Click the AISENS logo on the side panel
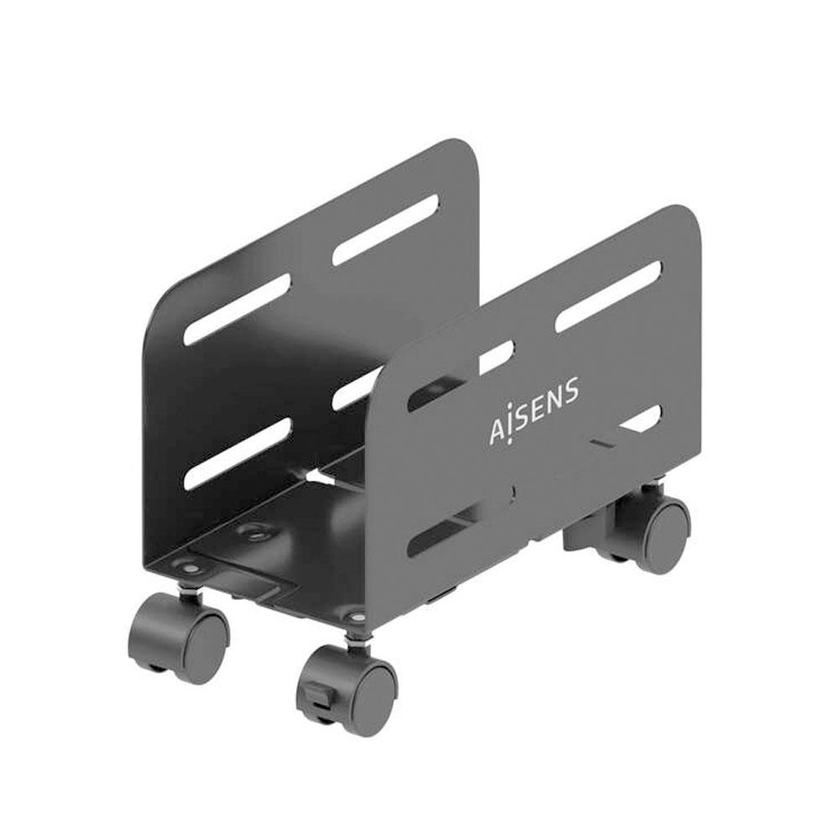coord(534,412)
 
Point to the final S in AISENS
coord(571,390)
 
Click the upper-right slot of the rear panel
coord(386,230)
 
